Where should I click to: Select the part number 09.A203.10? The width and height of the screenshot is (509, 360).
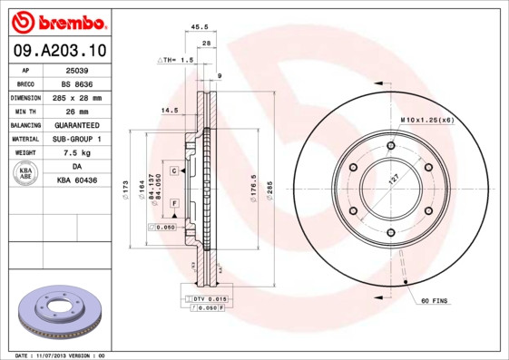tap(58, 51)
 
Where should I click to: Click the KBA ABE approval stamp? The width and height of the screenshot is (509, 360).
tap(26, 174)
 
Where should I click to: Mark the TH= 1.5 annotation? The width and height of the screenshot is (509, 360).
tap(176, 60)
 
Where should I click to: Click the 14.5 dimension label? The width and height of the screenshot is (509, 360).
tap(169, 111)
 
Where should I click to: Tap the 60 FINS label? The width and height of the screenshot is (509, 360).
tap(433, 299)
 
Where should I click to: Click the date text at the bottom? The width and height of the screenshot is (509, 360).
tap(61, 355)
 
